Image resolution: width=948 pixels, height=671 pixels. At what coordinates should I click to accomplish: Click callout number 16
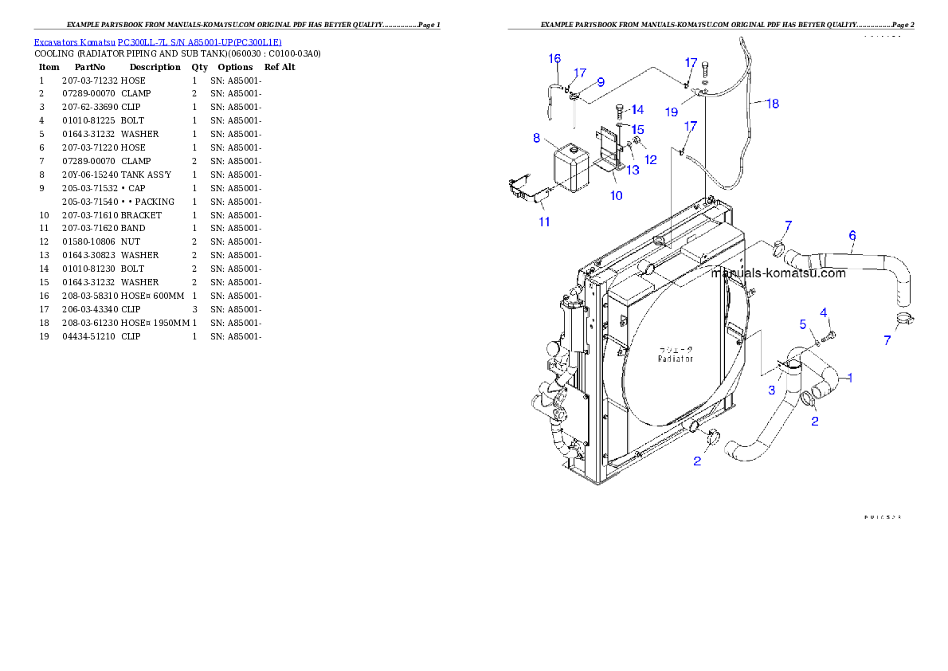555,58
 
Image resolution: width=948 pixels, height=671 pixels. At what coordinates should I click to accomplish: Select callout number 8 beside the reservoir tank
536,137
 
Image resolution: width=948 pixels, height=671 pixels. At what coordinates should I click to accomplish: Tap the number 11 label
544,222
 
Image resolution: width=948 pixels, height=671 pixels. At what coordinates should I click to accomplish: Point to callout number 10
617,195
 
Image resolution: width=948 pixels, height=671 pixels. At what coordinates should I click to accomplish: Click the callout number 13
633,170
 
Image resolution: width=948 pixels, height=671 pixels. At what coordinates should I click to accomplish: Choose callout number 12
651,159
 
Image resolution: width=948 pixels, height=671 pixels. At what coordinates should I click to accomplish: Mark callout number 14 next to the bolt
637,110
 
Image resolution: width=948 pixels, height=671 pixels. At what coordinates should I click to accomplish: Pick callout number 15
638,128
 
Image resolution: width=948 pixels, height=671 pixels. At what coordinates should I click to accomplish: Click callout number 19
672,112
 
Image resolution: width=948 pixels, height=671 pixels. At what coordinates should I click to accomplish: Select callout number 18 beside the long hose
772,103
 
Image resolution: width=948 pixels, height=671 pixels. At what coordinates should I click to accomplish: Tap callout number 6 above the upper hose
852,235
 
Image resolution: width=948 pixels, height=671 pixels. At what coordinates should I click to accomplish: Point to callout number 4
824,312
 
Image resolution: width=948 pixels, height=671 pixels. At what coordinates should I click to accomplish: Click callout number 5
804,324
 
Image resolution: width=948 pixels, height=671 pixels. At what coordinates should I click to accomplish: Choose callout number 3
771,390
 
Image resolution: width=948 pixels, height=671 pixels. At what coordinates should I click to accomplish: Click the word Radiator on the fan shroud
676,359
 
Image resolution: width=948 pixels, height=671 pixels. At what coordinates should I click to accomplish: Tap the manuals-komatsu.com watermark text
778,273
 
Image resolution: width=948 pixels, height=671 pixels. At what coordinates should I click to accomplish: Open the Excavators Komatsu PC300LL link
158,42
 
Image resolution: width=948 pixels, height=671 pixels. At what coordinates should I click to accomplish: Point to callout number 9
600,81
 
